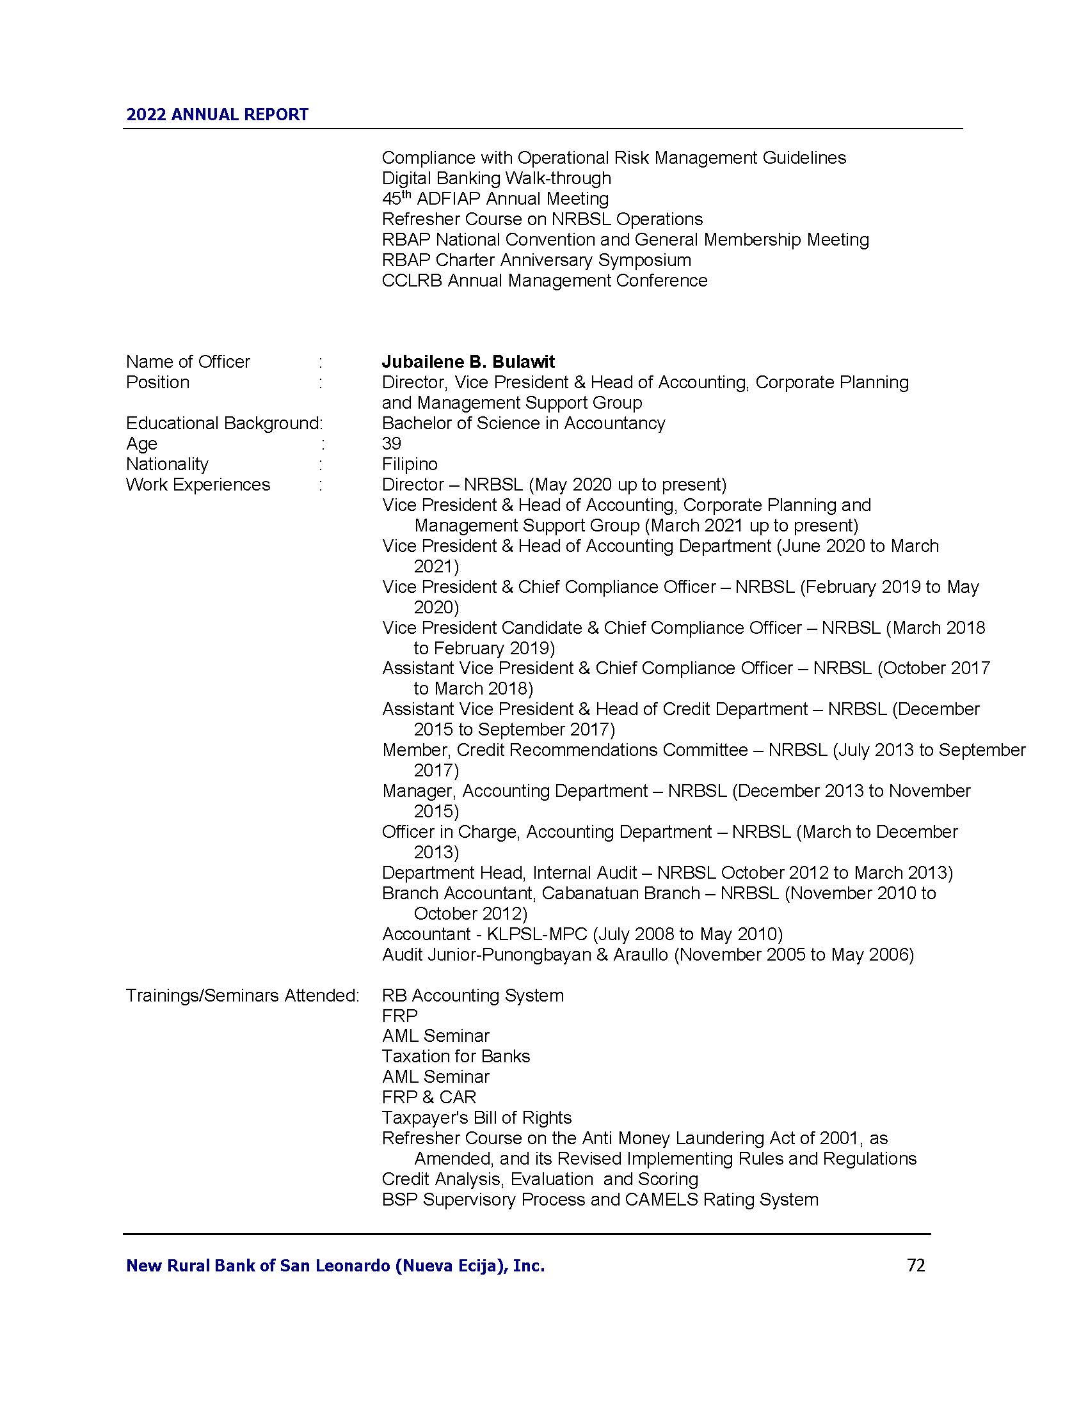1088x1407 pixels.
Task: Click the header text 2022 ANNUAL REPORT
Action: point(217,114)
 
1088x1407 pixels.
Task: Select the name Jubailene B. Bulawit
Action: point(468,361)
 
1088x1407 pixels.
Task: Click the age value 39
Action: point(391,443)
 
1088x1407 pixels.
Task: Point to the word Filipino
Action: point(410,464)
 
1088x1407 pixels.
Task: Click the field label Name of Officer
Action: point(188,361)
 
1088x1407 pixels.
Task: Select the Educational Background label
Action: point(223,423)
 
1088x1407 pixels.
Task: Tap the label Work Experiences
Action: point(198,485)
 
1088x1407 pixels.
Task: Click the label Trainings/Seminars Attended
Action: point(242,995)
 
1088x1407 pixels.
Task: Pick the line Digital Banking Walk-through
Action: point(496,178)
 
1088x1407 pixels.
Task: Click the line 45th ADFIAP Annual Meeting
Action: point(495,198)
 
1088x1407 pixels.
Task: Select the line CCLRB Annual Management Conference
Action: point(545,281)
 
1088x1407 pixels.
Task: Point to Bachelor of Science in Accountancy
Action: point(524,423)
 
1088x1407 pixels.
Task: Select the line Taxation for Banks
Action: point(456,1057)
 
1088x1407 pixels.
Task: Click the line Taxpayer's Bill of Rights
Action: point(476,1118)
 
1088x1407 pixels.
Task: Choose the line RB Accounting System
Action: point(472,995)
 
